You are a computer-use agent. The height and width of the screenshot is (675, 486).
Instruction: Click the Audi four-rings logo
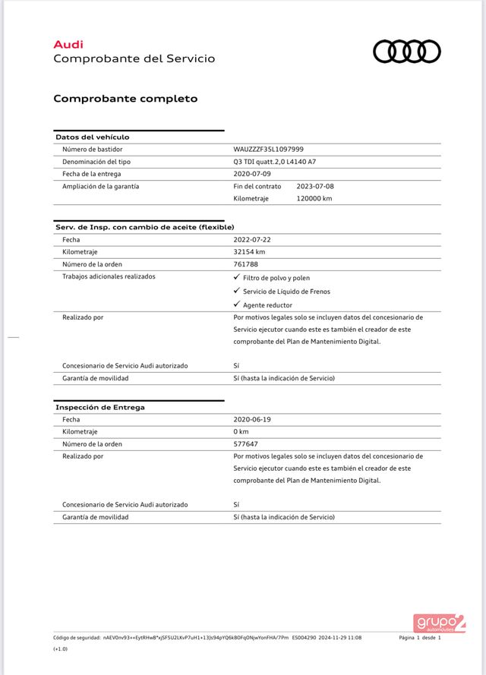pyautogui.click(x=406, y=52)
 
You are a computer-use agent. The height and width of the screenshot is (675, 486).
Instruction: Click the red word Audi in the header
pyautogui.click(x=68, y=46)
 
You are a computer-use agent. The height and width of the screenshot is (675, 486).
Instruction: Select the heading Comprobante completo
pyautogui.click(x=125, y=99)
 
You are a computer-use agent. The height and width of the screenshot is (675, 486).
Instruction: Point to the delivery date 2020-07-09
pyautogui.click(x=253, y=174)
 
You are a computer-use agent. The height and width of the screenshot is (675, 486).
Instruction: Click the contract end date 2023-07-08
pyautogui.click(x=314, y=186)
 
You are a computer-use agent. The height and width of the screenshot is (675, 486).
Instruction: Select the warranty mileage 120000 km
pyautogui.click(x=314, y=198)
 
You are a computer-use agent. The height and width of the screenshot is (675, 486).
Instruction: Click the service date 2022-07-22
pyautogui.click(x=253, y=239)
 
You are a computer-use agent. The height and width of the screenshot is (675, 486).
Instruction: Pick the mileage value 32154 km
pyautogui.click(x=249, y=251)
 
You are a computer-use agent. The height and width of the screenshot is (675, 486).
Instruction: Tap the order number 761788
pyautogui.click(x=245, y=263)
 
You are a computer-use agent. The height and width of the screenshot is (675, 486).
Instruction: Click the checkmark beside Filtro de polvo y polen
pyautogui.click(x=236, y=278)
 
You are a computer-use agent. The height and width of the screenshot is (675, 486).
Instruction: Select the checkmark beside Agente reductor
pyautogui.click(x=236, y=304)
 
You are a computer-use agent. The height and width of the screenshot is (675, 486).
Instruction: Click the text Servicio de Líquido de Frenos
pyautogui.click(x=286, y=292)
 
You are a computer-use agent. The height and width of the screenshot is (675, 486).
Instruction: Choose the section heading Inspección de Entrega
pyautogui.click(x=100, y=408)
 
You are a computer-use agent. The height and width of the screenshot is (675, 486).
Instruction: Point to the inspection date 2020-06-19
pyautogui.click(x=253, y=419)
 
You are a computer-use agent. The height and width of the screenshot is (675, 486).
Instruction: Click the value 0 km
pyautogui.click(x=241, y=431)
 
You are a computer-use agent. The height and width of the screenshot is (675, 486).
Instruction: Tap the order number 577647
pyautogui.click(x=245, y=443)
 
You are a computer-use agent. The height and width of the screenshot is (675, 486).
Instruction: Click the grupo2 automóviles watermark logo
pyautogui.click(x=439, y=623)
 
